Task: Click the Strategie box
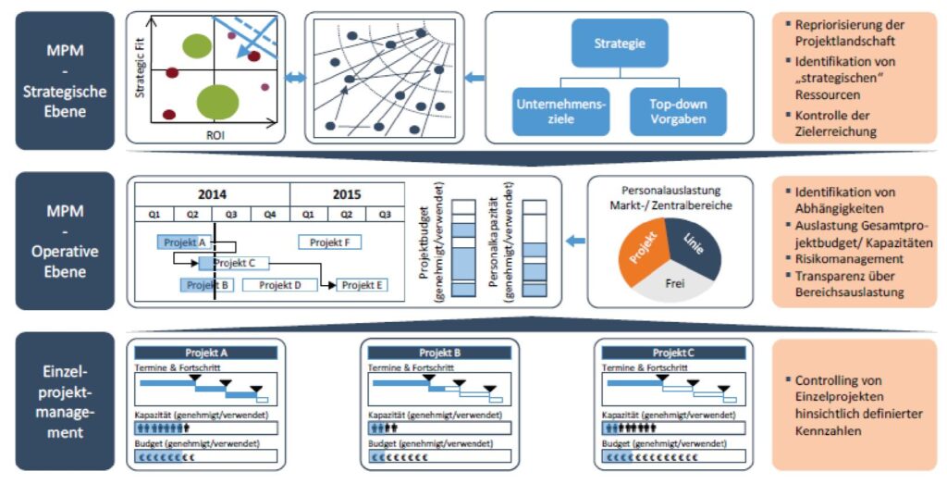[x=619, y=43]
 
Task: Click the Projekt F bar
[x=329, y=242]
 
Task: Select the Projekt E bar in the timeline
[x=362, y=285]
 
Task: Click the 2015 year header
[x=348, y=194]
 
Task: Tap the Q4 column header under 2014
[x=270, y=214]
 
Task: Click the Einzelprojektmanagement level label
[x=63, y=402]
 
